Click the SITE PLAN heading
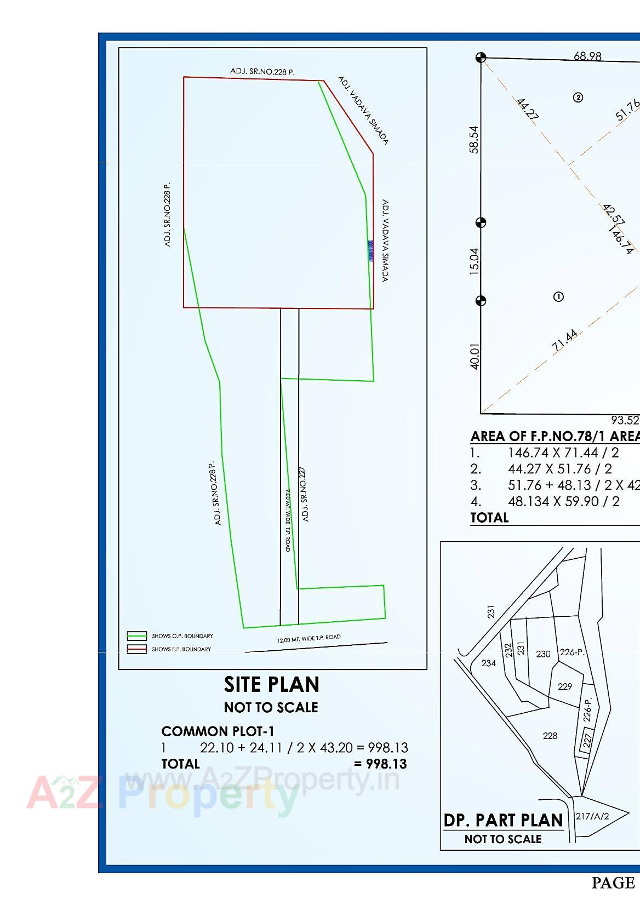tap(271, 685)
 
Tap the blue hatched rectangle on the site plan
tap(370, 251)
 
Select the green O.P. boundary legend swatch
tap(137, 636)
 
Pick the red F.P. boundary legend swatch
tap(137, 649)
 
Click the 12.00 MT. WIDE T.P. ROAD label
tap(308, 639)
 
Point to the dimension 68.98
tap(587, 56)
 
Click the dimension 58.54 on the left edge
tap(474, 140)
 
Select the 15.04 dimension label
tap(474, 261)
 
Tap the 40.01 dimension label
tap(474, 356)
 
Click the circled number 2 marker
tap(578, 98)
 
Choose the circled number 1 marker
tap(558, 297)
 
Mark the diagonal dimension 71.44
tap(564, 341)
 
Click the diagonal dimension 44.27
tap(527, 108)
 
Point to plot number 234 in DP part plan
tap(488, 663)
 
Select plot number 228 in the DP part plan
tap(550, 736)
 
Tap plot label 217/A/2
tap(593, 816)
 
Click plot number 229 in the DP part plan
tap(564, 686)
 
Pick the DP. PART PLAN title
tap(503, 821)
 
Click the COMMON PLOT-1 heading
tap(218, 731)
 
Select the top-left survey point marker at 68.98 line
tap(481, 58)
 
